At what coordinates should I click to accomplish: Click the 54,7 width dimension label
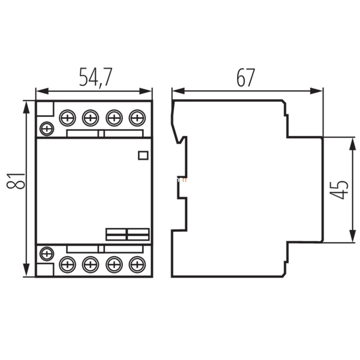coord(96,77)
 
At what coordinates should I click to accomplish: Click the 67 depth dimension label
coord(246,77)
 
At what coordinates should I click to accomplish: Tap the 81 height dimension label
coord(16,181)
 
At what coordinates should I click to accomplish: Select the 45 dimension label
coord(339,190)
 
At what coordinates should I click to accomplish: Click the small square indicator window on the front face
coord(143,155)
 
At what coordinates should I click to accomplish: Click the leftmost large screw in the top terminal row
coord(67,118)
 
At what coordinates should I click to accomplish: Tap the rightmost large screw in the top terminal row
coord(137,118)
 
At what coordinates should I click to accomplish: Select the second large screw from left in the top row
coord(91,118)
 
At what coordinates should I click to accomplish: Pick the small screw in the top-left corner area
coord(47,129)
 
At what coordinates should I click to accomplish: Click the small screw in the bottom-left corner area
coord(47,254)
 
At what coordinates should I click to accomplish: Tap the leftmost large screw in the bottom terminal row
coord(67,265)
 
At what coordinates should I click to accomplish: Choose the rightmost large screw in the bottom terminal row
coord(137,265)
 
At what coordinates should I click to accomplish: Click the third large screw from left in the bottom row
coord(114,265)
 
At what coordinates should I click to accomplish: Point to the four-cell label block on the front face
coord(128,235)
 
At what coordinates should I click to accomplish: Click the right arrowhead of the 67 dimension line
coord(317,91)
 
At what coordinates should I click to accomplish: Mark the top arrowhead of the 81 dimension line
coord(26,107)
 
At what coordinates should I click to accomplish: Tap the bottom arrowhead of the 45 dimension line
coord(352,236)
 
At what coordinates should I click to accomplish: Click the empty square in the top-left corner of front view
coord(45,108)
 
